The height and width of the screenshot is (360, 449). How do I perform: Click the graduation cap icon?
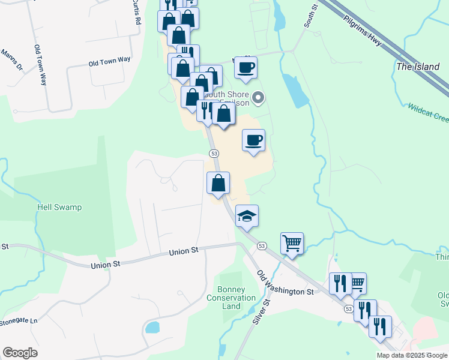247,215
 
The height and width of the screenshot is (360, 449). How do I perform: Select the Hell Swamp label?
59,207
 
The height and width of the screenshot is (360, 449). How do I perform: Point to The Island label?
418,67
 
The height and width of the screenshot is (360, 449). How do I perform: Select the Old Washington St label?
285,283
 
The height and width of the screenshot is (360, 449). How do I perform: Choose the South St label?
310,16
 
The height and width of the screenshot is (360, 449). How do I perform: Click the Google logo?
20,353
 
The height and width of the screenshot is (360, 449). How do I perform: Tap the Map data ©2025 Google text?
412,355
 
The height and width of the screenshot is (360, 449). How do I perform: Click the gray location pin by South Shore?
259,97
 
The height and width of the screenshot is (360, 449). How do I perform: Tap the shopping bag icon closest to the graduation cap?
218,182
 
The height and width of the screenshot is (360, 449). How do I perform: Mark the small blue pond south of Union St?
152,328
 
